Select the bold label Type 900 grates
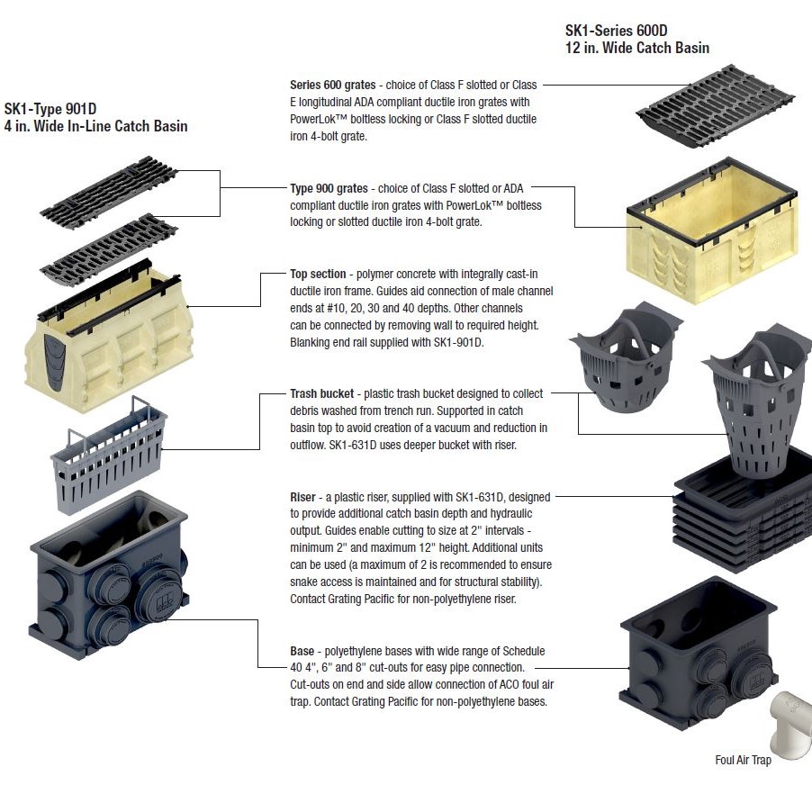(329, 189)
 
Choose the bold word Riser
(302, 498)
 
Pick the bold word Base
(302, 651)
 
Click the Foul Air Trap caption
(743, 761)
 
